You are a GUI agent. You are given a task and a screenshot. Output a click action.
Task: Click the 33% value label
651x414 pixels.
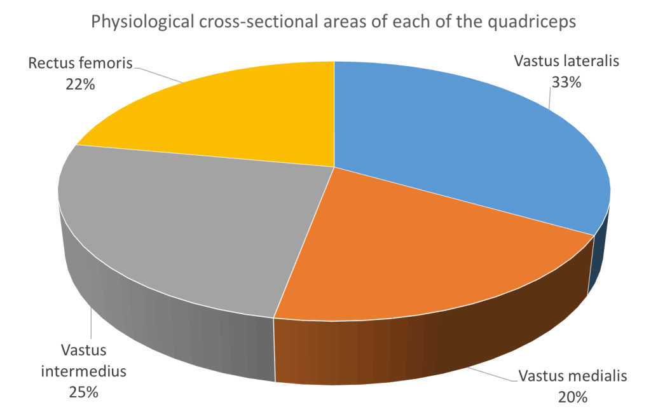566,83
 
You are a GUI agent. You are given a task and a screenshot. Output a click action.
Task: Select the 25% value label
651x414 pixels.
83,392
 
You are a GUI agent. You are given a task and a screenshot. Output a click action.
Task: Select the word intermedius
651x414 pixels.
83,371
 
